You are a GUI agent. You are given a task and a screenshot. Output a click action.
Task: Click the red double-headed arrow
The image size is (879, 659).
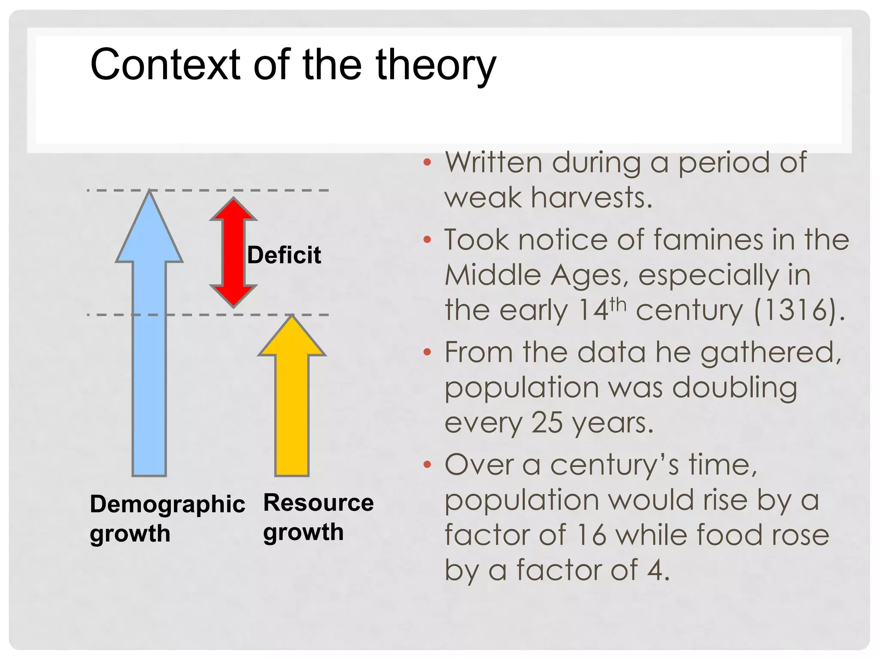click(233, 253)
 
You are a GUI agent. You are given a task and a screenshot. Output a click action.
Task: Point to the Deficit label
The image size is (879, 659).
click(284, 255)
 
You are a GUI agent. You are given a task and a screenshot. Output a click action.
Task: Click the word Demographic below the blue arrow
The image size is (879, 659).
click(167, 505)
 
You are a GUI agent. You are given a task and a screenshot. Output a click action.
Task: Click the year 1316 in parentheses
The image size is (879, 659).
click(797, 310)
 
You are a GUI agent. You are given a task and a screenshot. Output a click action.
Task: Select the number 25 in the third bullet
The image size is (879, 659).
click(547, 423)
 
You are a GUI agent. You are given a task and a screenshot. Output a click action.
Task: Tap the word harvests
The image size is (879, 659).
click(591, 198)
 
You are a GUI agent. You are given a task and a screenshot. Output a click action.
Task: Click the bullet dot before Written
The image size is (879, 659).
click(427, 163)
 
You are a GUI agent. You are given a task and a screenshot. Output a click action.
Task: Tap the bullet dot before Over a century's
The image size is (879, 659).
click(427, 465)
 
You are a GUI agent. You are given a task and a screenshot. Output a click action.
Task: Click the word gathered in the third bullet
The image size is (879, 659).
click(771, 353)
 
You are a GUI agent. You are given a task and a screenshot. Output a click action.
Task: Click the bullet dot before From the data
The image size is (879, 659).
click(427, 352)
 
